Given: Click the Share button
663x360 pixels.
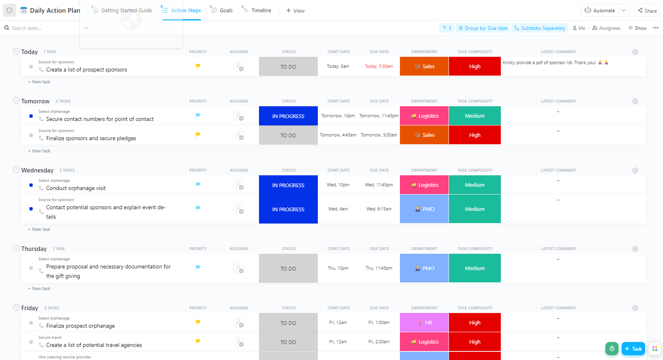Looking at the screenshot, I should coord(647,11).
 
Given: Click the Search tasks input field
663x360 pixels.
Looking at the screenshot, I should coord(41,28).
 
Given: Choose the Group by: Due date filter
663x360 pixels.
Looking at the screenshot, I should coord(483,28).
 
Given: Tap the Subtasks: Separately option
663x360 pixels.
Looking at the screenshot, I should coord(540,28).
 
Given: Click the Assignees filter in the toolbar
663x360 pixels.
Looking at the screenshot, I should coord(607,28).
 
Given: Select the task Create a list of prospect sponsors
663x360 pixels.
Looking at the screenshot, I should coord(87,70).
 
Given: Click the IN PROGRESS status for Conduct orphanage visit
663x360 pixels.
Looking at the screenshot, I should coord(288,185).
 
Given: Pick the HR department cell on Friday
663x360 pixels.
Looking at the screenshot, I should coord(424,323).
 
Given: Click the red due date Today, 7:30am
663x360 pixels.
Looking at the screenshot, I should coord(379,66).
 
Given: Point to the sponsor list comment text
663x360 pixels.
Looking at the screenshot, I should coord(549,63).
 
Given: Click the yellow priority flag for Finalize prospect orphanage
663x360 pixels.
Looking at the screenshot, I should coord(198,322).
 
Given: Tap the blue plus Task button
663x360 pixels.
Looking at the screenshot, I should coord(633,349).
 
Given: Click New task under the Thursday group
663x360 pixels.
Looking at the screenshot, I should coord(40,288).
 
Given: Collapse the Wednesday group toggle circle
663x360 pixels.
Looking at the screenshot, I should coord(16,170).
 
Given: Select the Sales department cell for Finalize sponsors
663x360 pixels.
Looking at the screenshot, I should coord(424,135).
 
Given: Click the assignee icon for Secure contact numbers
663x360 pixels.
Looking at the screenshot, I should coord(239,116).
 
